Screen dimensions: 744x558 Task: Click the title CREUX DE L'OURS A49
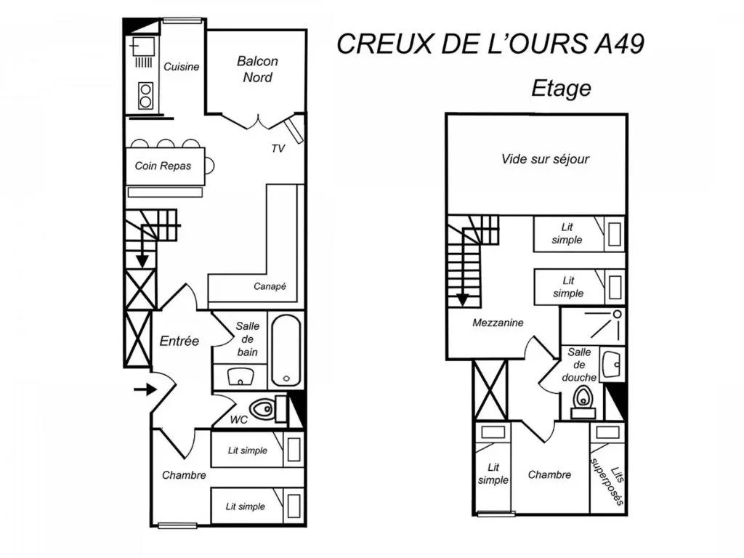click(x=490, y=44)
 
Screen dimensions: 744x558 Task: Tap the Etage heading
click(x=562, y=88)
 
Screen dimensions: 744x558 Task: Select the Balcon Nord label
click(x=258, y=69)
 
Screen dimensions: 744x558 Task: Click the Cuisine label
click(x=181, y=67)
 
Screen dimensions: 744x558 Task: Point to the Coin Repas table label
click(x=163, y=166)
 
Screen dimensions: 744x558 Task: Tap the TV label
click(x=278, y=148)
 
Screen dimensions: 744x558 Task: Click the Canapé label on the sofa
click(x=270, y=286)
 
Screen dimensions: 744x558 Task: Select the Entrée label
click(x=179, y=341)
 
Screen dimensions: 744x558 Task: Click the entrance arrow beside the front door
click(x=145, y=389)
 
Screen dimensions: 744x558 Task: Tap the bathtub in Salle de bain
click(x=286, y=350)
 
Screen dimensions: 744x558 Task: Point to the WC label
click(x=238, y=419)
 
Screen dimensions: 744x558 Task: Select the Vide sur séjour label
click(x=545, y=159)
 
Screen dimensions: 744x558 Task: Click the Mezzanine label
click(x=498, y=323)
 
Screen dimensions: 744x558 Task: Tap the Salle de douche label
click(x=579, y=365)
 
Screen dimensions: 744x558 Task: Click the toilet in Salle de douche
click(x=583, y=402)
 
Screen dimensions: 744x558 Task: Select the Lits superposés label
click(x=607, y=480)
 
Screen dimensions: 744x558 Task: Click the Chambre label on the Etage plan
click(x=549, y=474)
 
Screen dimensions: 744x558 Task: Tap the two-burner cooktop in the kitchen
click(x=145, y=96)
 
